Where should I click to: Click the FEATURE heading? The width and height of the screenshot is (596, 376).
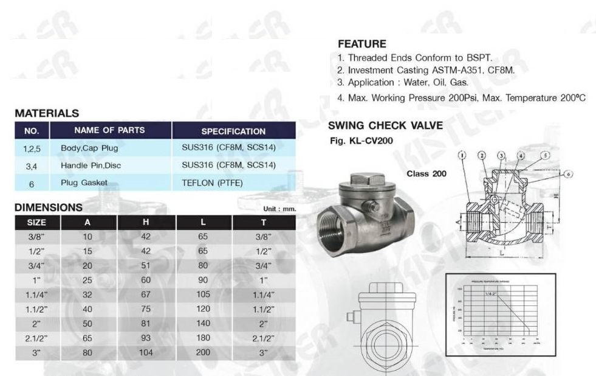pyautogui.click(x=361, y=44)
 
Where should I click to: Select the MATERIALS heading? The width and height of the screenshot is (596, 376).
pyautogui.click(x=47, y=113)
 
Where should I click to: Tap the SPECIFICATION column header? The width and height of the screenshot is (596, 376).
pyautogui.click(x=233, y=131)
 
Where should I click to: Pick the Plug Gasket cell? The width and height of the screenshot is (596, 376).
pyautogui.click(x=84, y=183)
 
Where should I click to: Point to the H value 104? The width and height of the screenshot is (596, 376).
pyautogui.click(x=146, y=353)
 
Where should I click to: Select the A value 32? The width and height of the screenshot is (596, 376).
pyautogui.click(x=87, y=294)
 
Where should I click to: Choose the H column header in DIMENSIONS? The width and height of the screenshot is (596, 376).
pyautogui.click(x=146, y=223)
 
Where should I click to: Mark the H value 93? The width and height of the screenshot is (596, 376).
pyautogui.click(x=146, y=338)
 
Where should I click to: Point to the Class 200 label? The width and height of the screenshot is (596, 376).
pyautogui.click(x=426, y=174)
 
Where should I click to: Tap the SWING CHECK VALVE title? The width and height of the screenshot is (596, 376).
pyautogui.click(x=385, y=127)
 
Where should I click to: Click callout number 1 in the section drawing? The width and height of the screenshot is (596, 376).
pyautogui.click(x=462, y=155)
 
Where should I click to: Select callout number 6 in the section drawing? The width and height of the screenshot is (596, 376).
pyautogui.click(x=568, y=174)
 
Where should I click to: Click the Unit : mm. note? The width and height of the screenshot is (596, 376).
pyautogui.click(x=279, y=209)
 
